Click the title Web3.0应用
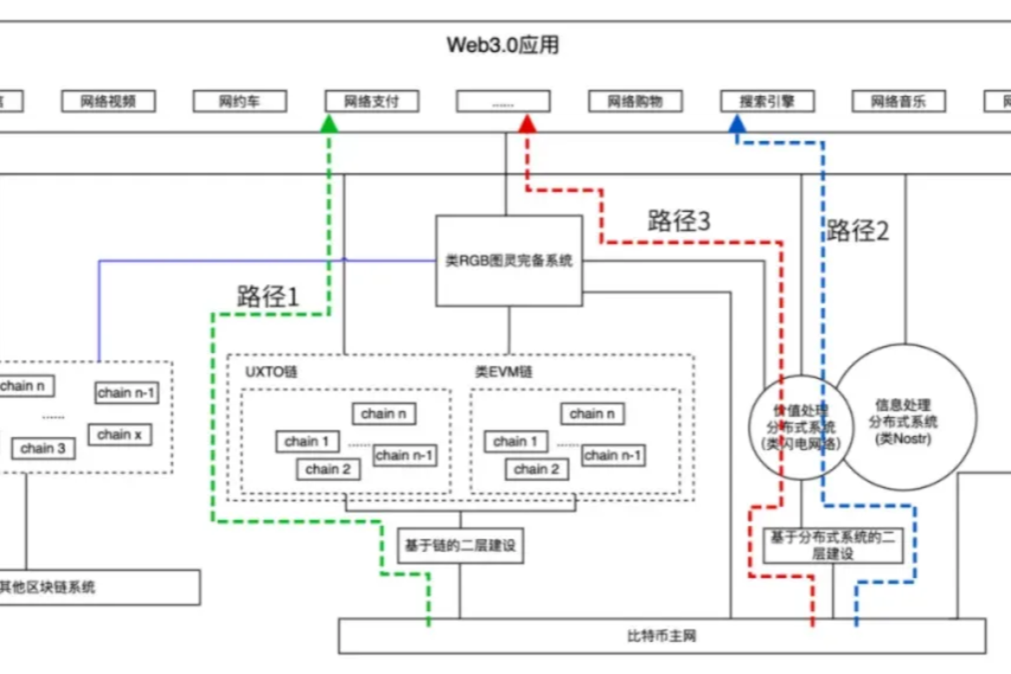point(503,45)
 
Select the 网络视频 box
point(108,101)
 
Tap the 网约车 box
point(240,101)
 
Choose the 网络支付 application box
point(372,101)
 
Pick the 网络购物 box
point(635,101)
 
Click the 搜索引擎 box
point(767,101)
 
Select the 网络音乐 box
point(899,101)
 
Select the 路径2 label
point(858,231)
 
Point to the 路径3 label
point(679,220)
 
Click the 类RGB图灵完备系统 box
point(509,261)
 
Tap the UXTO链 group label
point(271,372)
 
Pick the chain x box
point(120,434)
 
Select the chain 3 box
point(43,448)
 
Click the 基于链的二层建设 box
point(461,545)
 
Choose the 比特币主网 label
point(662,636)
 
